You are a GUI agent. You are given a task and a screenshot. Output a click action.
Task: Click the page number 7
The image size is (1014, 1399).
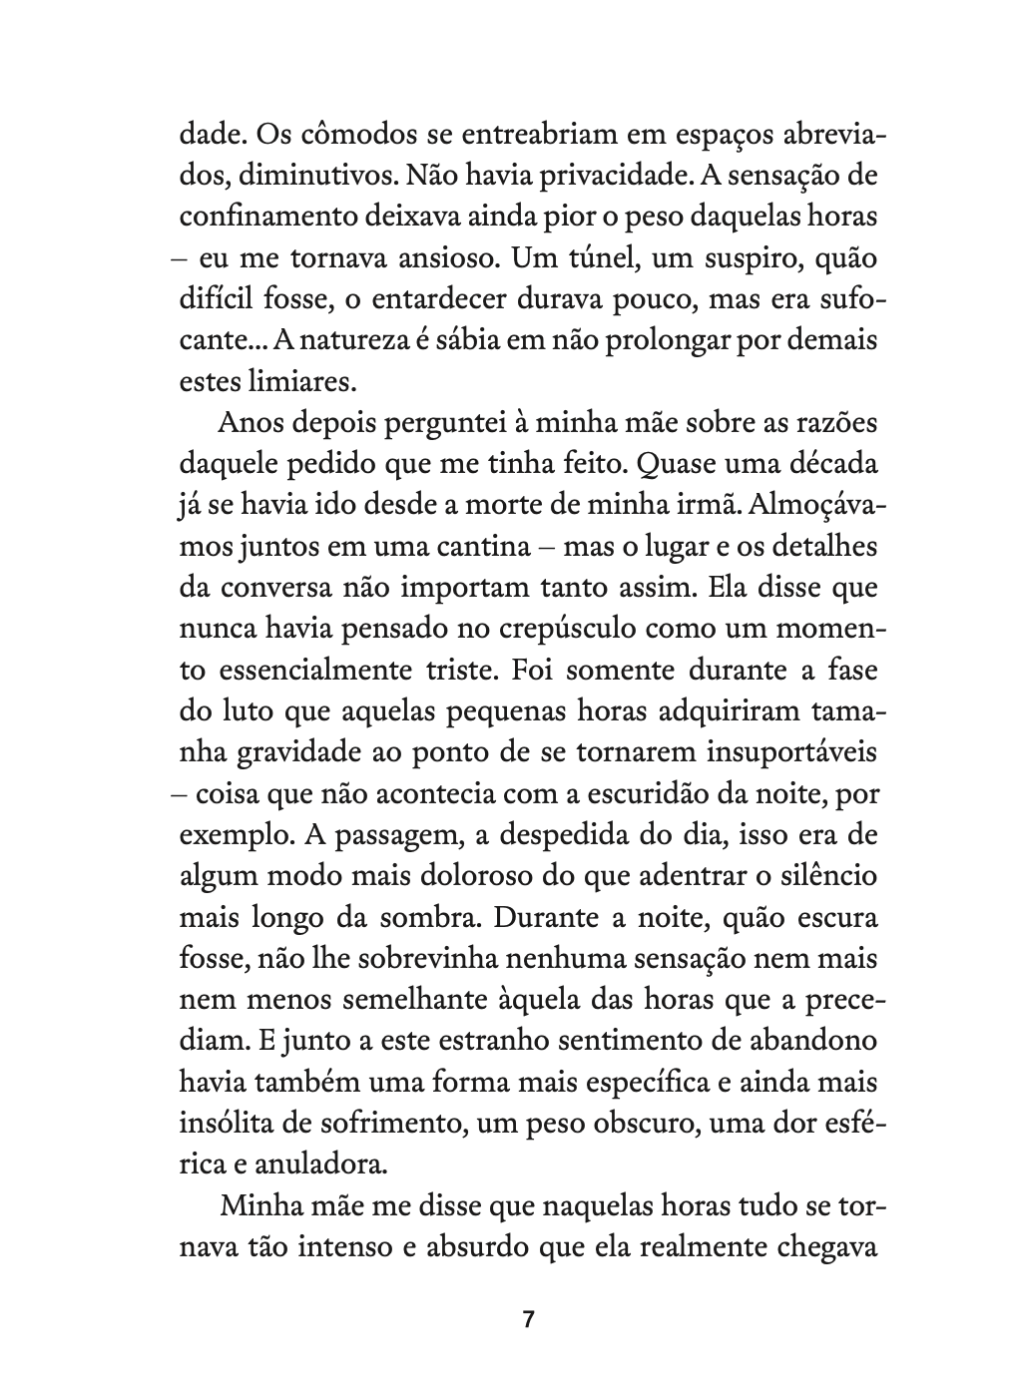coord(529,1319)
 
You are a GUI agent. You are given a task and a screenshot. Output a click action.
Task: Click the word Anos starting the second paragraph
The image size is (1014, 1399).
coord(250,423)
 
